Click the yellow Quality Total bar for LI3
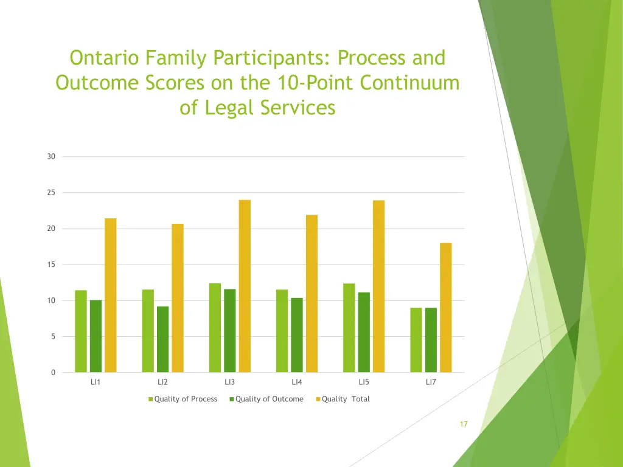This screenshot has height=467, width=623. point(245,286)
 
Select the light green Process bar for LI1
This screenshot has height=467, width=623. point(81,331)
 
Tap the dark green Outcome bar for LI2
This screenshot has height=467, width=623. point(162,339)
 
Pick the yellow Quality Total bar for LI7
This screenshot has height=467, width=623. point(445,308)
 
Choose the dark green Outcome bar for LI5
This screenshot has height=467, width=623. point(363,333)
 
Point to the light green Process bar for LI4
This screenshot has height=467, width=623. point(282,331)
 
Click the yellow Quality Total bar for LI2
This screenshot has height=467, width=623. point(178,298)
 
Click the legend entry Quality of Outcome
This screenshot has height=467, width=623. point(268,399)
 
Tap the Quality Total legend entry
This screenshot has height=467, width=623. point(345,399)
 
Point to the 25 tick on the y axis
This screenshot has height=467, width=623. point(51,193)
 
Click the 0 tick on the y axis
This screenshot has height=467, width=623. point(53,373)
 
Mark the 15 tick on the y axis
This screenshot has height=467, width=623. point(51,265)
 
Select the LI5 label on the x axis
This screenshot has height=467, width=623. point(363,382)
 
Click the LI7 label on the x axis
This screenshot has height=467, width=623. point(431,382)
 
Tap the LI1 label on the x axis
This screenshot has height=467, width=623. point(96,382)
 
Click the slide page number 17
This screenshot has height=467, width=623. point(464,424)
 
